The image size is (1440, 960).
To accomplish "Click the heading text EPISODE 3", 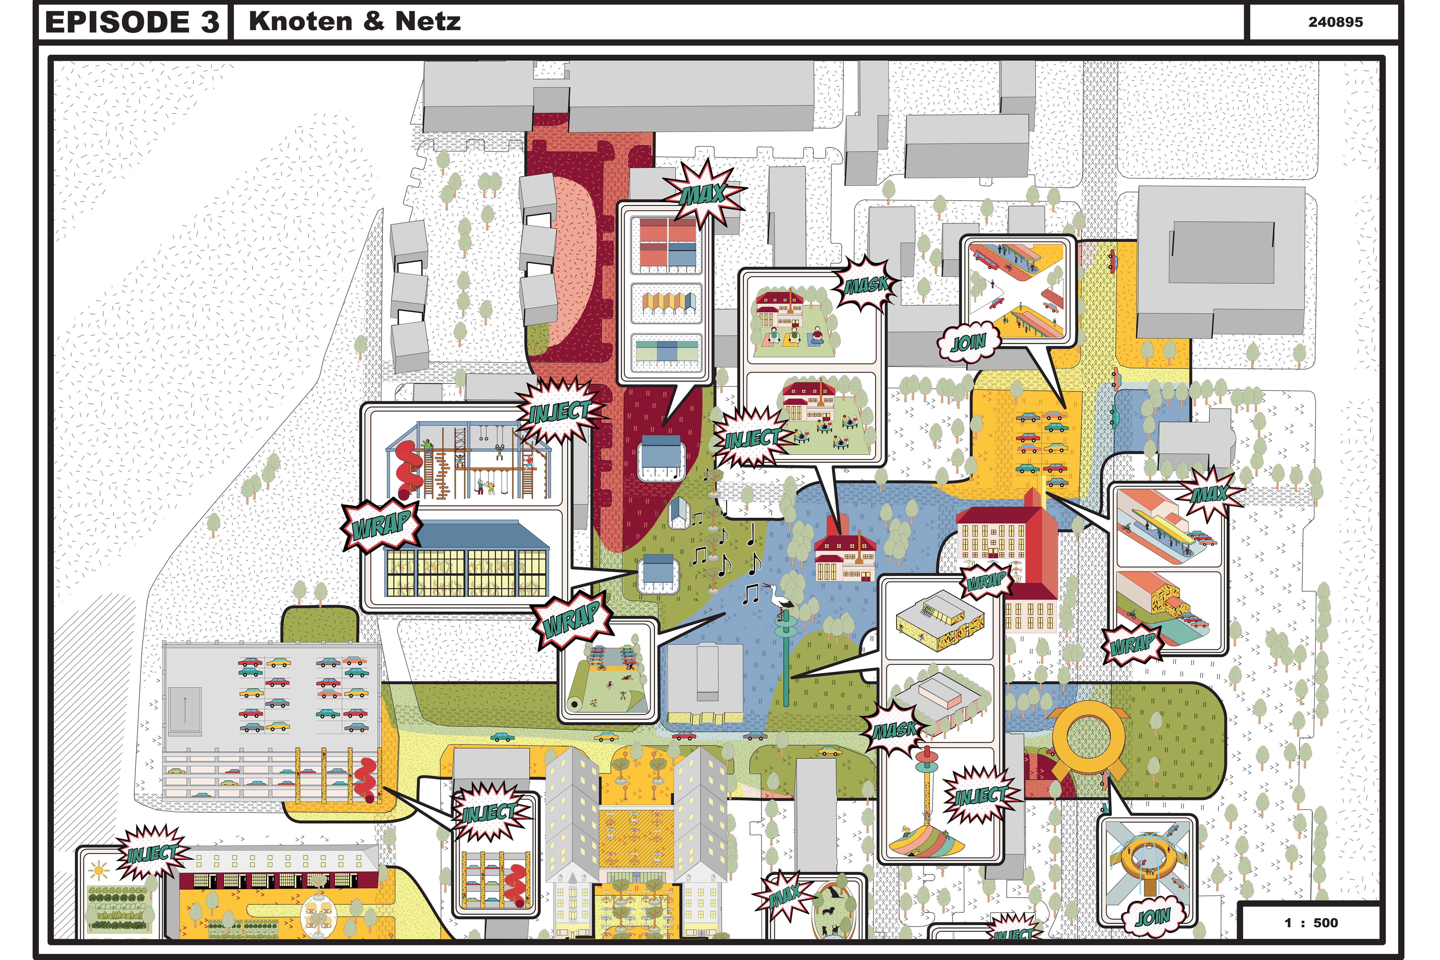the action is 132,23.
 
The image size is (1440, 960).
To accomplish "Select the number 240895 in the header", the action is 1335,22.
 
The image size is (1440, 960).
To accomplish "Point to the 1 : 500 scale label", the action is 1311,923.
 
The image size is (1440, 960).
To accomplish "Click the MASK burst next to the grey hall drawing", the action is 895,729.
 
